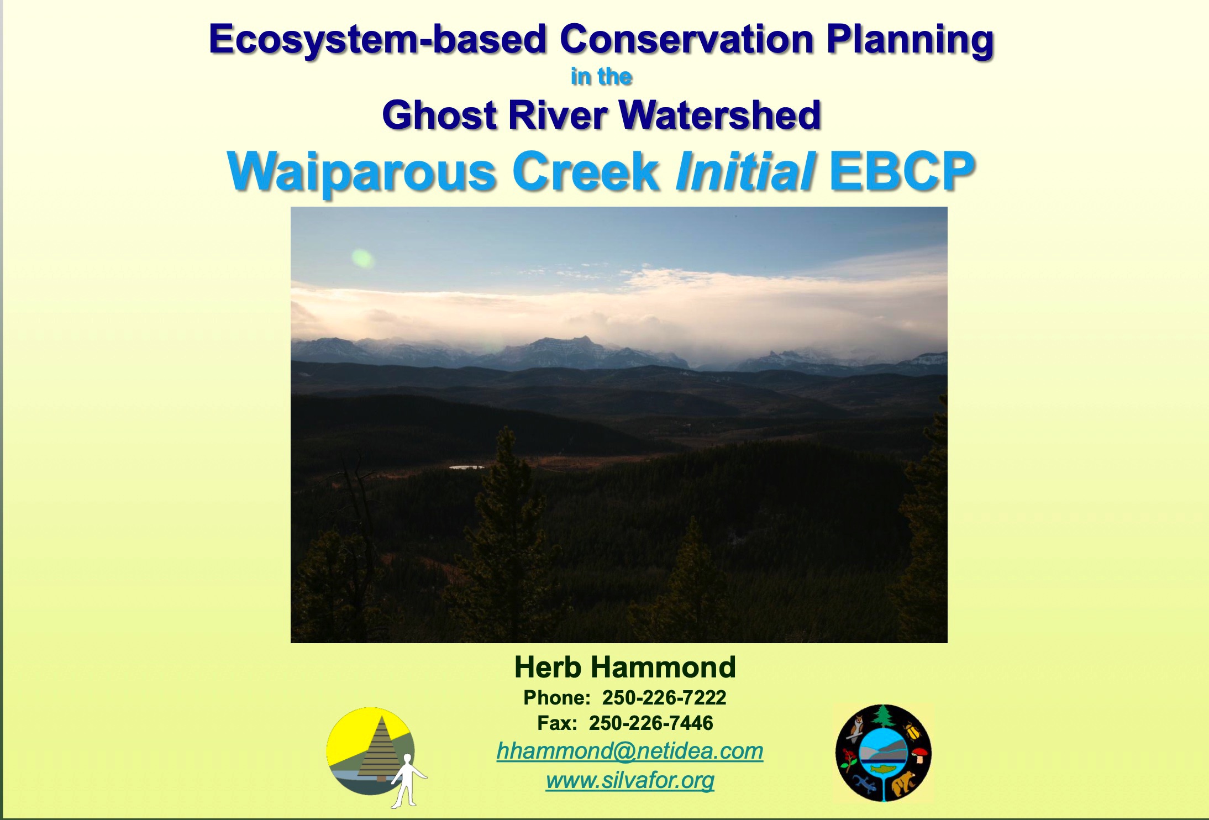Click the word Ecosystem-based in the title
point(378,40)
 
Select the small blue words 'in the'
point(601,76)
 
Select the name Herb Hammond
point(625,667)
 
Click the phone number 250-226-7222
point(664,698)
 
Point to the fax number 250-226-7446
point(651,723)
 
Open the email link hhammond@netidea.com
point(630,751)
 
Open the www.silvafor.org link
point(630,780)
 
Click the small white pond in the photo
point(466,467)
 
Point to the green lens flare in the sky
point(362,258)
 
